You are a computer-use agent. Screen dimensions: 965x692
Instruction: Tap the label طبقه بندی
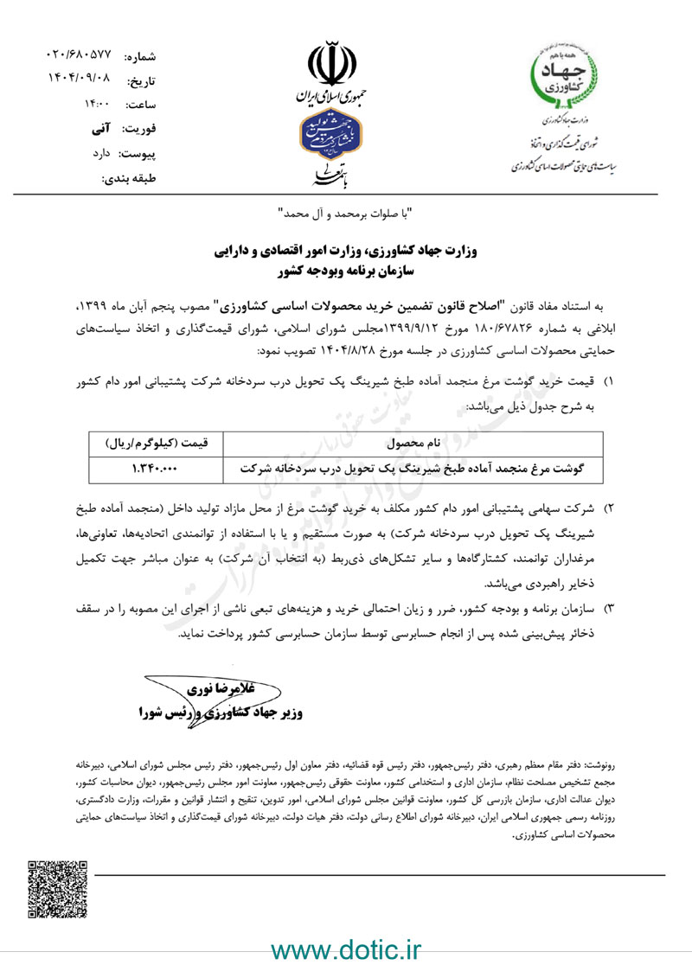129,180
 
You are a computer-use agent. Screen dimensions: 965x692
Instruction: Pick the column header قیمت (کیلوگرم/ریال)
156,444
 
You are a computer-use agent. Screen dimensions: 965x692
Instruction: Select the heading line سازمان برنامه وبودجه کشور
345,271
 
